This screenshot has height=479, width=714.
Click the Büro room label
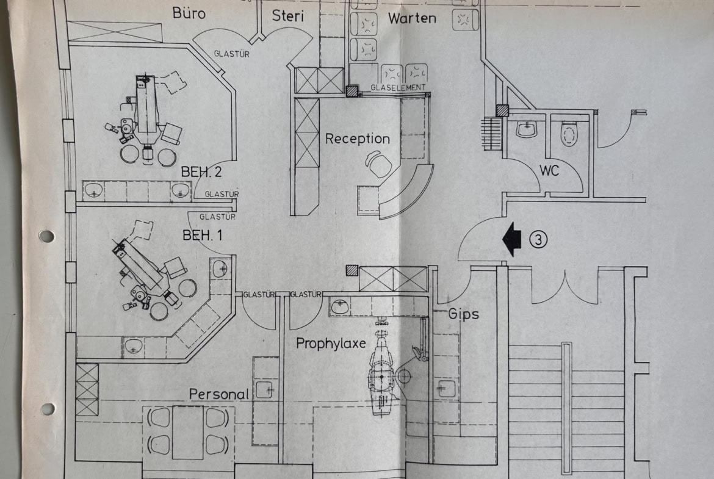point(189,13)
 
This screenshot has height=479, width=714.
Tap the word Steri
point(288,16)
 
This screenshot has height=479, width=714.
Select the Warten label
point(413,18)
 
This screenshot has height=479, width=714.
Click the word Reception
point(357,139)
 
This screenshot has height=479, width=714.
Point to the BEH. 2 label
point(201,172)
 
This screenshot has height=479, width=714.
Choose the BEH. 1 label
point(202,235)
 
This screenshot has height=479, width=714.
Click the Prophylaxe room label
point(331,344)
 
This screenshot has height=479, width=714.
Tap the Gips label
point(464,314)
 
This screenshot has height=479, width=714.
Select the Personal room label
point(219,394)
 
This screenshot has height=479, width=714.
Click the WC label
point(549,171)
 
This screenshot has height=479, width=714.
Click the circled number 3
point(538,240)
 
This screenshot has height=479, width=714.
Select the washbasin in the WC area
point(526,129)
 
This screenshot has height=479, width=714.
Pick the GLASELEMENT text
point(398,88)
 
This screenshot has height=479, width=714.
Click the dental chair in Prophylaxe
point(383,372)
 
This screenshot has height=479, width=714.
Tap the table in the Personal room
point(188,431)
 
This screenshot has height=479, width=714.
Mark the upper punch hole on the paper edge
point(46,236)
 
